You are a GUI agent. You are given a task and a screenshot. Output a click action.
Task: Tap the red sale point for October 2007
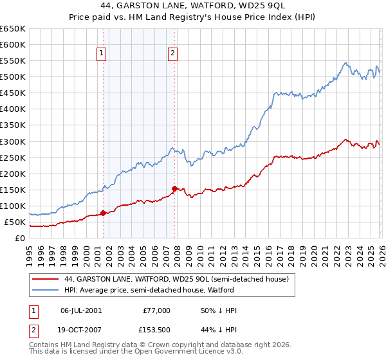coord(174,188)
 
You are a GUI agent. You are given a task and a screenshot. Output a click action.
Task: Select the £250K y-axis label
coord(13,157)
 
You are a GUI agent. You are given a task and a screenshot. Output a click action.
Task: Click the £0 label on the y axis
coord(19,238)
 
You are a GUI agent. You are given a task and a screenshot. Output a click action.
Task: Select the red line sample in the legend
coord(46,279)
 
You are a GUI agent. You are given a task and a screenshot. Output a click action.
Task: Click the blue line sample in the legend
coord(46,290)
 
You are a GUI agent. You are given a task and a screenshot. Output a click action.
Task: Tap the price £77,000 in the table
coord(156,310)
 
